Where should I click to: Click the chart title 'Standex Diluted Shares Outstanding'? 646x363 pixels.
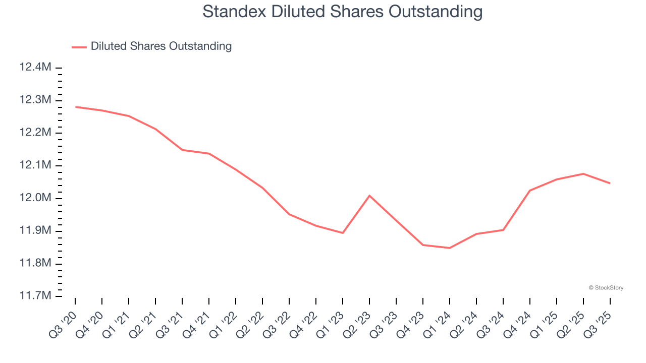click(x=342, y=11)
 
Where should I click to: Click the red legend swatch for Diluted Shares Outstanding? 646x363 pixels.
click(x=79, y=47)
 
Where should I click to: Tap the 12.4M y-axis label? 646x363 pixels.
click(x=35, y=67)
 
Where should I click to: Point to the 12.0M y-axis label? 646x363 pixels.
click(x=35, y=198)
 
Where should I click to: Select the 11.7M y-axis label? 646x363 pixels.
click(x=35, y=296)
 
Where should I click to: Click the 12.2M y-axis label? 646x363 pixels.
click(x=35, y=133)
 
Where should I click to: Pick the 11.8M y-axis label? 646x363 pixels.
click(x=35, y=263)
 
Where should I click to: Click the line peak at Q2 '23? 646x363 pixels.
click(x=369, y=196)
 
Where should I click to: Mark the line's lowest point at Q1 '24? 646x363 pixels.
click(x=450, y=248)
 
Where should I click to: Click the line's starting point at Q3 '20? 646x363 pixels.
click(x=75, y=107)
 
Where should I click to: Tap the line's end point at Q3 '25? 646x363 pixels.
click(x=610, y=183)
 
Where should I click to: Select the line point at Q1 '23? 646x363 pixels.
click(x=343, y=233)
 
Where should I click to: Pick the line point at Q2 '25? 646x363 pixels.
click(x=583, y=174)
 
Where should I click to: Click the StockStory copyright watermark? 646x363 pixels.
click(x=606, y=288)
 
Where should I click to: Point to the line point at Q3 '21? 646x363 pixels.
click(x=182, y=150)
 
